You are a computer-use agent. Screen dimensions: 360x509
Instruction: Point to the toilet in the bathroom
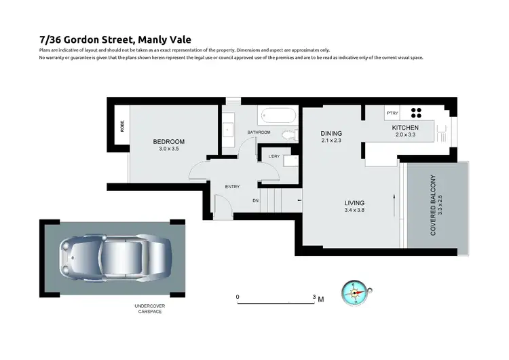pyautogui.click(x=290, y=134)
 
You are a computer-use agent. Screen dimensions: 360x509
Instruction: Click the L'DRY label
pyautogui.click(x=274, y=157)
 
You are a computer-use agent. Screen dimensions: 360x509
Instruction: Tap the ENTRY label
pyautogui.click(x=233, y=186)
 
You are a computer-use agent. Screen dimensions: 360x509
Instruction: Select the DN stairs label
pyautogui.click(x=255, y=200)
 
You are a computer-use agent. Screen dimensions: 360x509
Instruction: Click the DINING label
pyautogui.click(x=331, y=133)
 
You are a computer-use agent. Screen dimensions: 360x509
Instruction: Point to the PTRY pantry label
pyautogui.click(x=392, y=113)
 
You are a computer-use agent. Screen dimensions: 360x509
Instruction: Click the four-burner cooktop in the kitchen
pyautogui.click(x=415, y=113)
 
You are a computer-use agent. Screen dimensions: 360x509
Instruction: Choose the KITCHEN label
pyautogui.click(x=405, y=128)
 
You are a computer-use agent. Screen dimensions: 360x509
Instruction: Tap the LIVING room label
pyautogui.click(x=354, y=203)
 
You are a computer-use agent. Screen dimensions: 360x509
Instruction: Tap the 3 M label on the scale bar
pyautogui.click(x=317, y=297)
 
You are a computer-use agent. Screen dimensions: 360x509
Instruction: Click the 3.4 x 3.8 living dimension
pyautogui.click(x=354, y=211)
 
